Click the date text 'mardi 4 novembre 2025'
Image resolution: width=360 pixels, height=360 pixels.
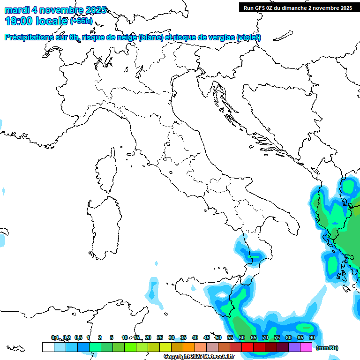pos(55,10)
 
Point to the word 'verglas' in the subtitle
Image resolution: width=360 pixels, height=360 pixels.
pos(219,37)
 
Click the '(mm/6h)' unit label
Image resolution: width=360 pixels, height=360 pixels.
pos(327,348)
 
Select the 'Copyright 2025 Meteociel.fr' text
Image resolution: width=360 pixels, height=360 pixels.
pos(199,357)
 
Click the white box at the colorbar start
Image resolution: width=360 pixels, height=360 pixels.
pos(48,347)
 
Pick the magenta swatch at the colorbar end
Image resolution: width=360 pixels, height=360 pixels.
pos(306,347)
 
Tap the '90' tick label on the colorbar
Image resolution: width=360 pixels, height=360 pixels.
pos(312,337)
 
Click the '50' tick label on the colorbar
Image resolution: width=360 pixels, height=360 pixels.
pos(218,337)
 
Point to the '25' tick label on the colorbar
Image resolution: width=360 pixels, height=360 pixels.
pos(160,337)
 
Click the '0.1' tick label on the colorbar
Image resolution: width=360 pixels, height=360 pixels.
pos(55,337)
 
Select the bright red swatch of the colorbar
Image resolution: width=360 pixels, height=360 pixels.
pos(247,347)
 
